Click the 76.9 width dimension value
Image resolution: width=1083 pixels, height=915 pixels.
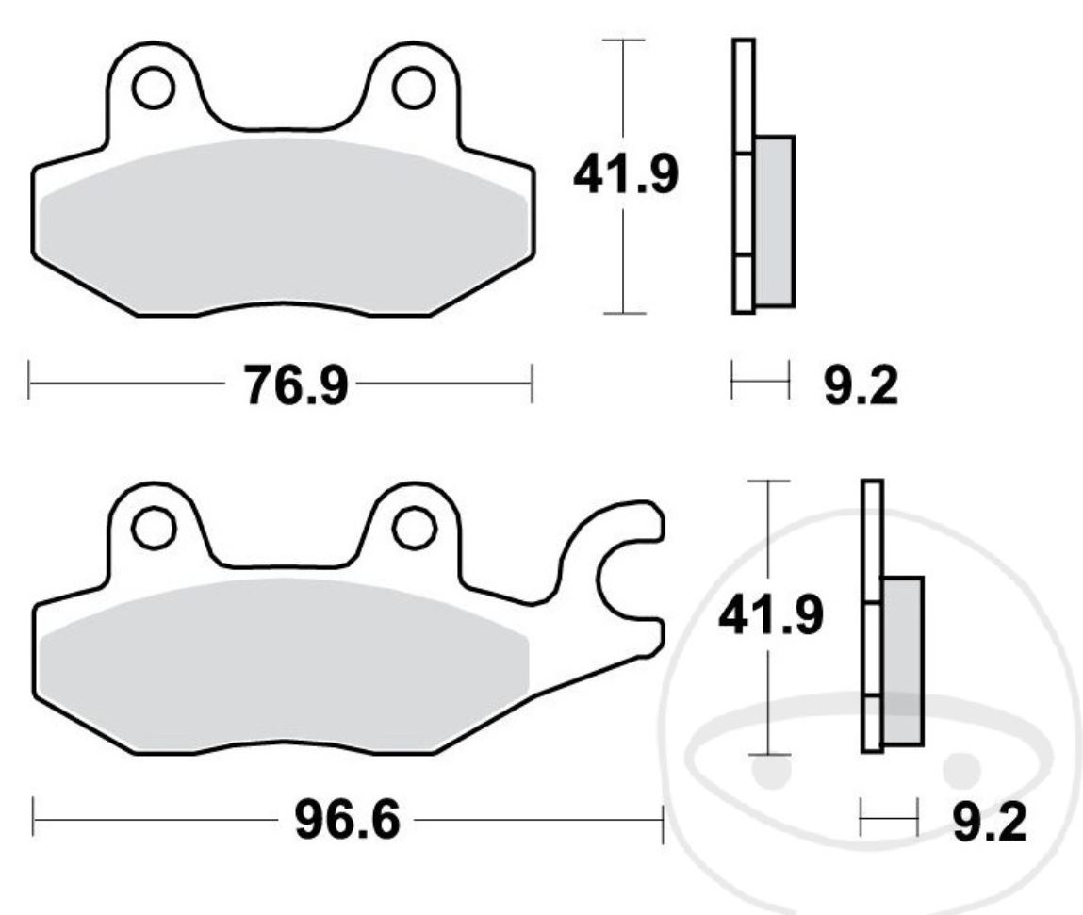(295, 385)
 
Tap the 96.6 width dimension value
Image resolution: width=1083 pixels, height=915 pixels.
(348, 820)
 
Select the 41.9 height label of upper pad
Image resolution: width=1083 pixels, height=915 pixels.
(626, 174)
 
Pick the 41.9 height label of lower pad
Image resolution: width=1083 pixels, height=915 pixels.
(771, 615)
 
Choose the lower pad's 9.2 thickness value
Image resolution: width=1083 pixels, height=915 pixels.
(989, 822)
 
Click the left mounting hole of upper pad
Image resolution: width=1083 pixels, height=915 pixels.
(153, 88)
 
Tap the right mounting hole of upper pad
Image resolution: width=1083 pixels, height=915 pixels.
(414, 88)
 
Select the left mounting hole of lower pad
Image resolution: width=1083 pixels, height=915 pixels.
(154, 529)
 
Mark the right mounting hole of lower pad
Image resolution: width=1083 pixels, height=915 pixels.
(415, 529)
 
